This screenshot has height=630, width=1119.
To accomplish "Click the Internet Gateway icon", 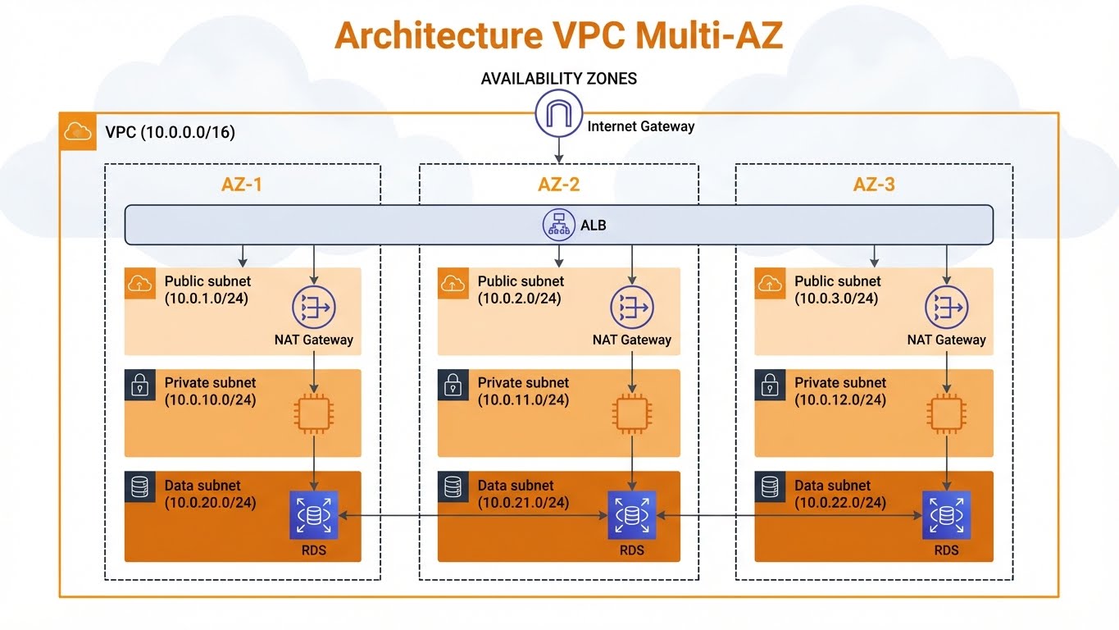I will coord(558,114).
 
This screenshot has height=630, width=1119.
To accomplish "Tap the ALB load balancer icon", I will coord(559,224).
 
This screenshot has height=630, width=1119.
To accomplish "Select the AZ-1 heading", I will coord(242,185).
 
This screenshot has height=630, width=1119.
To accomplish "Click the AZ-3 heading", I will coord(874,185).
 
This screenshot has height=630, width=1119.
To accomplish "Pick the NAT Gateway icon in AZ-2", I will coord(631,308).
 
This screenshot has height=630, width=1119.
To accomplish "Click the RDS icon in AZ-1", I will coord(314,515).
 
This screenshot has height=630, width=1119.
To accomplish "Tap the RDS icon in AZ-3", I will coord(946,515).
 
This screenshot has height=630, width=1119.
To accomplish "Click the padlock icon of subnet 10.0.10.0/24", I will coord(139,384).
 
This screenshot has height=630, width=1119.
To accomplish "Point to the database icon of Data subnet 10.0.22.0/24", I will coord(769,486).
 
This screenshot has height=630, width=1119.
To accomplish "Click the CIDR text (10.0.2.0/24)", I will coord(520,299).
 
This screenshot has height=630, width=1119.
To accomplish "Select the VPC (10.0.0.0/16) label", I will coord(171,132).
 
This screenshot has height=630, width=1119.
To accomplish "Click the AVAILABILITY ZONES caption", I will coord(558,79).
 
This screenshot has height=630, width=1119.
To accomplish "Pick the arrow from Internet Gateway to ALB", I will coord(559,148).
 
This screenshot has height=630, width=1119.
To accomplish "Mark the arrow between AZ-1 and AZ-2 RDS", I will coord(472,516).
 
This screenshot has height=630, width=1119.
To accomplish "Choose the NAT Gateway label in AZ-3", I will coord(946,340).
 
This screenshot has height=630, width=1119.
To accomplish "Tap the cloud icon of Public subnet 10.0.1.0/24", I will coord(139,283).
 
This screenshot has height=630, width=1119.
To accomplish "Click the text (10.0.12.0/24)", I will coord(839,400).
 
